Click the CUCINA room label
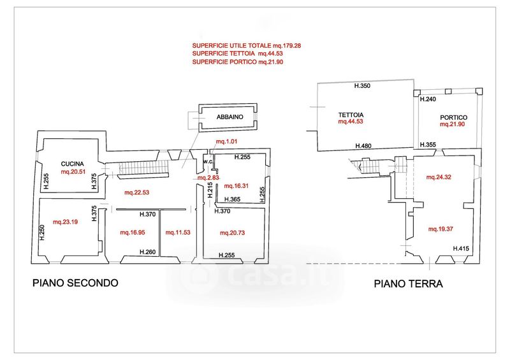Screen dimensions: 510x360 pos(72,164)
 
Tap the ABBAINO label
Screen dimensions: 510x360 pos(229,117)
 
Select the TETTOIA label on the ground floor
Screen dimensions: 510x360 pos(351,115)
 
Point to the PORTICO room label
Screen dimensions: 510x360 pos(453,117)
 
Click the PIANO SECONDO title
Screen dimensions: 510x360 pos(75,283)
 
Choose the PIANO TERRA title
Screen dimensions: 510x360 pos(408,284)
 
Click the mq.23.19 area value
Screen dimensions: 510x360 pos(66,222)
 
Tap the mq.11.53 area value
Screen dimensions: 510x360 pos(178,233)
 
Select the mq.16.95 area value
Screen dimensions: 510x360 pos(133,233)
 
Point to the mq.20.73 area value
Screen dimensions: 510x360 pos(232,233)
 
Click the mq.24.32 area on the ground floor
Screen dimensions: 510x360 pos(439,177)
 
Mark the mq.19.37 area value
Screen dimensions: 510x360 pos(441,229)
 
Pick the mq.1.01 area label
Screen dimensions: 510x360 pos(227,141)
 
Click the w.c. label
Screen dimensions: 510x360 pos(208,161)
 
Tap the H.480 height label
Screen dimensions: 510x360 pos(363,146)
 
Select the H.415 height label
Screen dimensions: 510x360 pos(461,248)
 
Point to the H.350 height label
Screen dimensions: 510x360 pos(362,86)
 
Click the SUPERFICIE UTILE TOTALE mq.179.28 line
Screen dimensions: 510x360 pos(246,46)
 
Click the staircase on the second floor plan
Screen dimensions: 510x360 pos(143,168)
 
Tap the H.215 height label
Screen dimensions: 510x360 pos(210,190)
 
